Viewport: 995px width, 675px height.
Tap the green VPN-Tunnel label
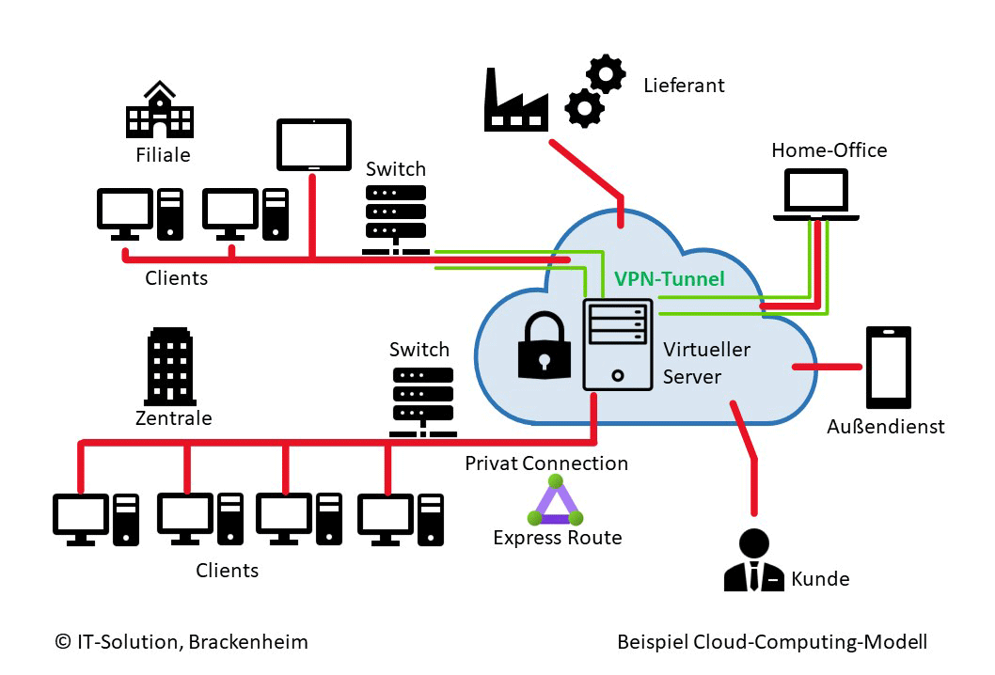pyautogui.click(x=669, y=279)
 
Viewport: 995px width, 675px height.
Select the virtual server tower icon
pyautogui.click(x=617, y=344)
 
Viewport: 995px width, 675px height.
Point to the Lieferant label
pyautogui.click(x=684, y=86)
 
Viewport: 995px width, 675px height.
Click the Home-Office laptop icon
pyautogui.click(x=816, y=196)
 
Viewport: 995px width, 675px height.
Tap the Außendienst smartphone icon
pyautogui.click(x=888, y=366)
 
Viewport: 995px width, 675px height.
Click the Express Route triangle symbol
pyautogui.click(x=556, y=501)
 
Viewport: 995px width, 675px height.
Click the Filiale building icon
pyautogui.click(x=160, y=110)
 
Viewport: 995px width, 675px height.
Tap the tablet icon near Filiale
pyautogui.click(x=313, y=146)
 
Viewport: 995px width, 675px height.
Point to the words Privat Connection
pyautogui.click(x=546, y=463)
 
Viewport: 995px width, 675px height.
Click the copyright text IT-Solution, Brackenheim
pyautogui.click(x=182, y=642)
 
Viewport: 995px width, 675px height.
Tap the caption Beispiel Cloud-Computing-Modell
pyautogui.click(x=772, y=642)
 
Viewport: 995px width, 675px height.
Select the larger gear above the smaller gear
pyautogui.click(x=605, y=72)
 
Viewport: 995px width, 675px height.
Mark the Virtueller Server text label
pyautogui.click(x=706, y=363)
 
